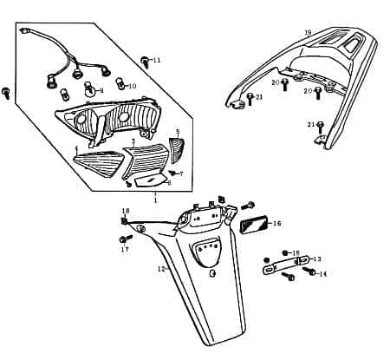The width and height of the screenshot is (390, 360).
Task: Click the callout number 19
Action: pos(308,32)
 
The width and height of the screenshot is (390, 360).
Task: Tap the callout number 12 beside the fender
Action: pos(160,269)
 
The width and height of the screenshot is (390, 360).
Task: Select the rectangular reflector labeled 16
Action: pos(254,224)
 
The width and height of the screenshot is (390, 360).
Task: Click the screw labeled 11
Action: pos(144,61)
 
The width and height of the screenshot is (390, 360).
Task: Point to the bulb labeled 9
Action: pos(88,88)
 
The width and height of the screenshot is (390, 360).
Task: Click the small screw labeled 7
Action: pos(171,173)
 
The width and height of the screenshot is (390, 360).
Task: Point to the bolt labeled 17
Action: pos(127,238)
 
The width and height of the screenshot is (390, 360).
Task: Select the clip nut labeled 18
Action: pos(126,219)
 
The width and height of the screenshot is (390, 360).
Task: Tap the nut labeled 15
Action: pos(282,252)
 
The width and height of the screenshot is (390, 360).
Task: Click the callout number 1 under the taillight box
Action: pos(155,200)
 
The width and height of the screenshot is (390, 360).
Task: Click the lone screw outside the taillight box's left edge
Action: pos(6,91)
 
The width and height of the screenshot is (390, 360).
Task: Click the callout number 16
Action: pos(276,223)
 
